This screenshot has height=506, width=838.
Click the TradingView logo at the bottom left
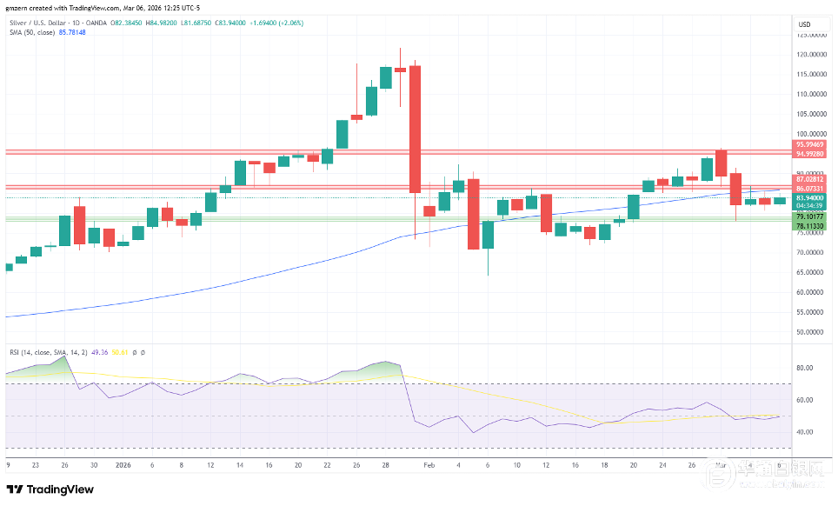pyautogui.click(x=50, y=489)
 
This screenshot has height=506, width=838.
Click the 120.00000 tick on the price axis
pyautogui.click(x=812, y=54)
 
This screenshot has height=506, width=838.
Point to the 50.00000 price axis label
pyautogui.click(x=811, y=332)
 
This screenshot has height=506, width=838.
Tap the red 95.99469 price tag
pyautogui.click(x=809, y=144)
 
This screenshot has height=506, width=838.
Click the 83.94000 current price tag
pyautogui.click(x=809, y=198)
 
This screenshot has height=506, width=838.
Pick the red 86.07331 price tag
pyautogui.click(x=809, y=189)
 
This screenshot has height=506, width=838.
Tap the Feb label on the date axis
pyautogui.click(x=428, y=466)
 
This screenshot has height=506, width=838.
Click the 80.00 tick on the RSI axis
pyautogui.click(x=804, y=368)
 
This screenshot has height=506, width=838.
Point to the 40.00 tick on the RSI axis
pyautogui.click(x=804, y=432)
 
